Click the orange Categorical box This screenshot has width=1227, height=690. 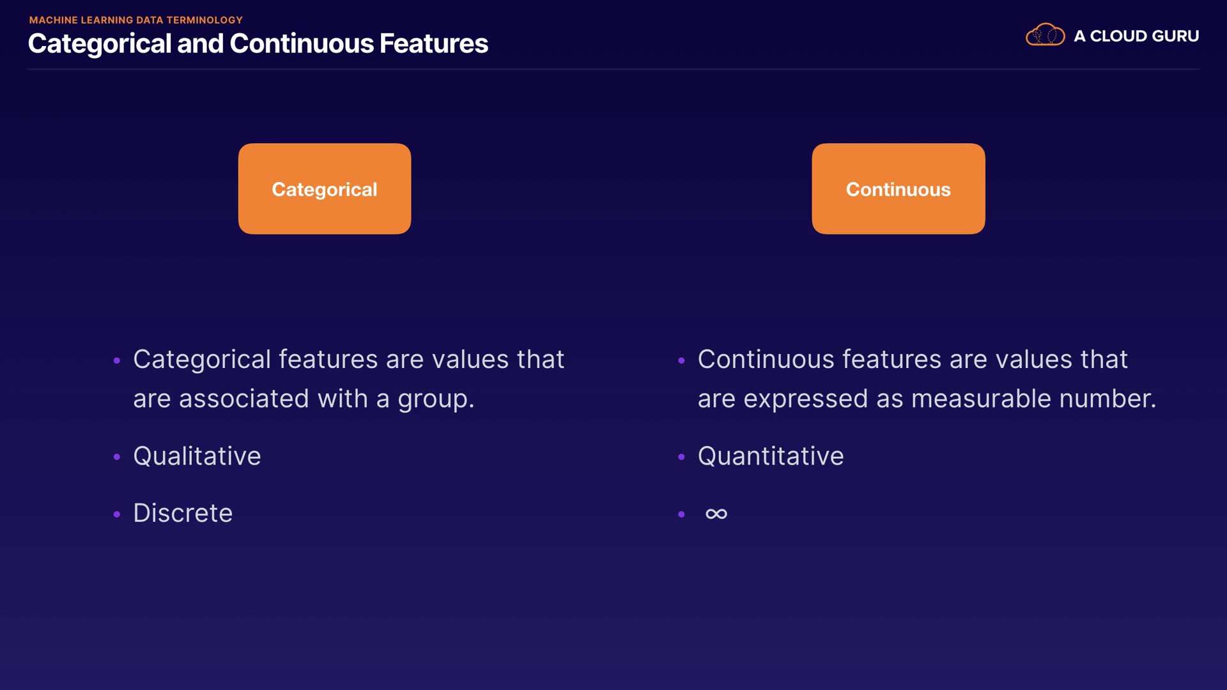coord(325,188)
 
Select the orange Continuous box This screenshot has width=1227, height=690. coord(898,188)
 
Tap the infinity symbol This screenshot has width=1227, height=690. coord(716,514)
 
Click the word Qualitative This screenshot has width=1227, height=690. coord(197,456)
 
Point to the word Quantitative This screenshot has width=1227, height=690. coord(771,456)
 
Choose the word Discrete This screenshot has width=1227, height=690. coord(183,513)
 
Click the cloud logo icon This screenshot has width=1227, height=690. coord(1045,34)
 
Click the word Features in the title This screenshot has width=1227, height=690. coord(433,43)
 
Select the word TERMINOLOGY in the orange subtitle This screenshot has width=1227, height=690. coord(204,20)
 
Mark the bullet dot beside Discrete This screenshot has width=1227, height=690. coord(116,514)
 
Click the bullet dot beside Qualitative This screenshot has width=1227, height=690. coord(116,457)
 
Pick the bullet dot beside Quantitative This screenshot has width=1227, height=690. coord(681,457)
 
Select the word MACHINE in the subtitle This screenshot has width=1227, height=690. coord(53,20)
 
